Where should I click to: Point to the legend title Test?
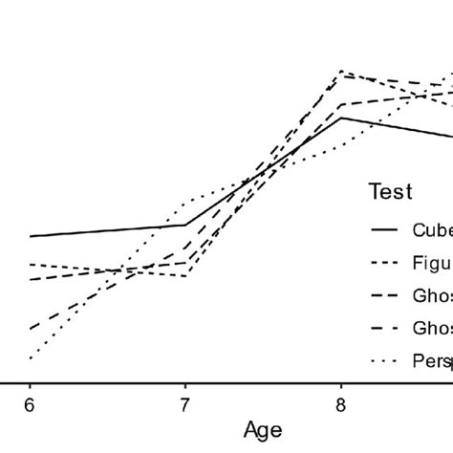click(391, 192)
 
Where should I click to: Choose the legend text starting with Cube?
click(431, 229)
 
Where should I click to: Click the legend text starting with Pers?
click(431, 360)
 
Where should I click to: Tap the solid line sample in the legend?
click(385, 229)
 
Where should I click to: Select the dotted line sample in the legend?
click(385, 360)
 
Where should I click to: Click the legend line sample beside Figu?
click(385, 262)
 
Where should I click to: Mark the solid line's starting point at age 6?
click(30, 236)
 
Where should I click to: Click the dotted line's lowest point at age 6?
click(30, 359)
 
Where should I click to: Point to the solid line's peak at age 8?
click(341, 118)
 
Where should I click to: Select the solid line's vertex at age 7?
click(185, 226)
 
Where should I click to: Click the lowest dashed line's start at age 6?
click(30, 329)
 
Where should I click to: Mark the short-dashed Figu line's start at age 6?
click(30, 264)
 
